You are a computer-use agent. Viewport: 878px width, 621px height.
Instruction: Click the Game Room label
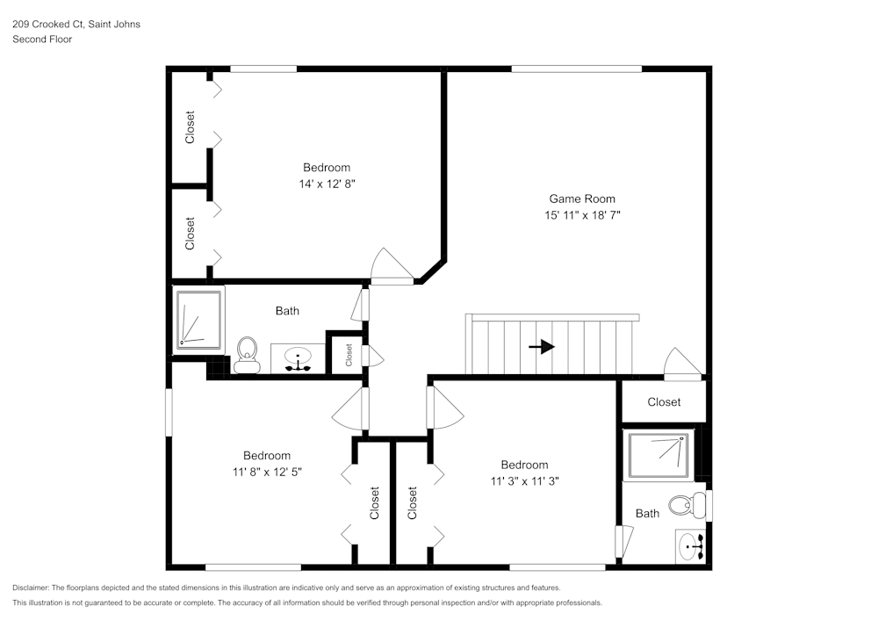[x=582, y=199]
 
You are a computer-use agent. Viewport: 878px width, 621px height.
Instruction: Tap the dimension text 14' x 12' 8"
[x=327, y=184]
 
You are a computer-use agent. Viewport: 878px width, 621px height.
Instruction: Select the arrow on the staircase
[x=542, y=347]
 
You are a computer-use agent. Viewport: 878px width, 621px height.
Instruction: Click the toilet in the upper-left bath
[x=247, y=355]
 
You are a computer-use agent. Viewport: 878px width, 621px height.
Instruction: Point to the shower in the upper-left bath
[x=198, y=319]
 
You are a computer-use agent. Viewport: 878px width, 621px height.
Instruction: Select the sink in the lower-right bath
[x=691, y=545]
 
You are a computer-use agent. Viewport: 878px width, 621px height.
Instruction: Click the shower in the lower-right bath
[x=658, y=455]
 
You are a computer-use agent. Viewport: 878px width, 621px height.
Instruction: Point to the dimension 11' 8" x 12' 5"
[x=267, y=472]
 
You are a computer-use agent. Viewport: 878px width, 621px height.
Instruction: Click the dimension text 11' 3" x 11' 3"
[x=525, y=481]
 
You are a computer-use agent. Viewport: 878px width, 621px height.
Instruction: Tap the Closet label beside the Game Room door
[x=664, y=402]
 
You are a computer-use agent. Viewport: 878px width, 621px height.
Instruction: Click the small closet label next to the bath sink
[x=349, y=355]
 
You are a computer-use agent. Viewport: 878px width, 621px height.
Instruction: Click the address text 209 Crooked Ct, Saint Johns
[x=76, y=24]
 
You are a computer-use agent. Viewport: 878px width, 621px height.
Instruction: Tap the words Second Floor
[x=42, y=40]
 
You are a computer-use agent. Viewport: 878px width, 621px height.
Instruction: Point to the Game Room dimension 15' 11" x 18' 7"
[x=582, y=215]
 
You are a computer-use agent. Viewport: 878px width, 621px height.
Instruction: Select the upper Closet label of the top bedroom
[x=190, y=127]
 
